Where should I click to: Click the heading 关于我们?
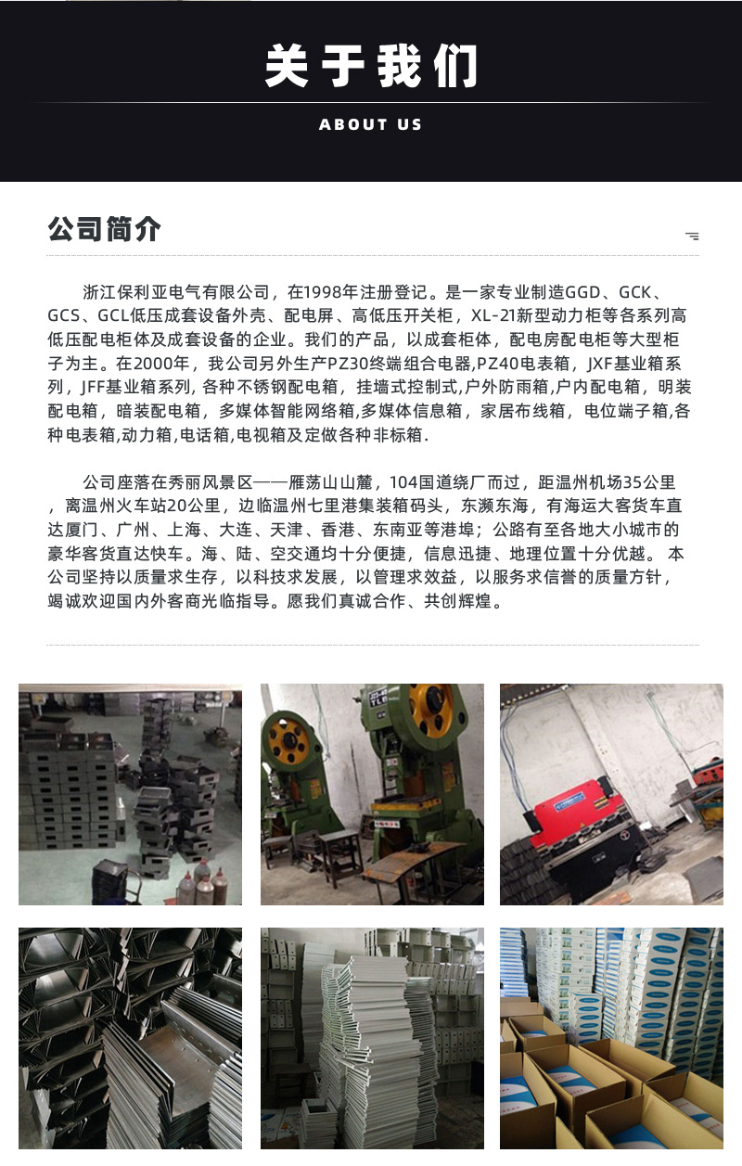(x=370, y=66)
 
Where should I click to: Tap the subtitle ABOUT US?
(x=370, y=124)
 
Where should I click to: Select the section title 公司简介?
(x=104, y=228)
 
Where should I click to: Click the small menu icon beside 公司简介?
(x=692, y=236)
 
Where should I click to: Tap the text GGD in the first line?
(x=582, y=292)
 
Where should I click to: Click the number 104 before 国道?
(x=403, y=482)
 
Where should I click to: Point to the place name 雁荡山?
(x=313, y=482)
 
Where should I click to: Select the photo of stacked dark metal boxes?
(x=130, y=794)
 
